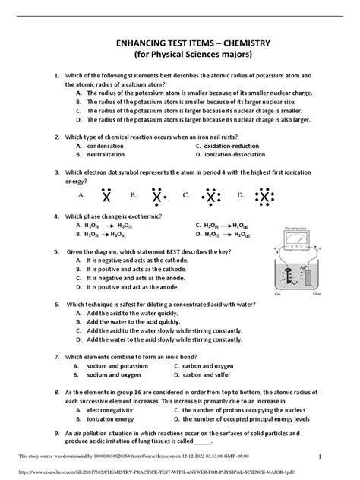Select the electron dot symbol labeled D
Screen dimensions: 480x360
pyautogui.click(x=264, y=197)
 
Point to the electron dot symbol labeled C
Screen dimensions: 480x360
pyautogui.click(x=210, y=197)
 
